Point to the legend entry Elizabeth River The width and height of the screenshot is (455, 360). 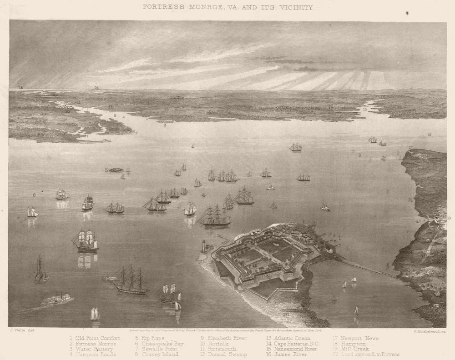[x=227, y=338]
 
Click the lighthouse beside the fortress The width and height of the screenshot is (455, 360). [x=204, y=246]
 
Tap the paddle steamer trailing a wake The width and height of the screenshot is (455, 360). [x=56, y=299]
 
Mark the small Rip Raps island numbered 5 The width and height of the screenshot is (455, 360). [x=116, y=170]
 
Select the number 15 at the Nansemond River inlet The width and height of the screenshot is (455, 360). [x=365, y=110]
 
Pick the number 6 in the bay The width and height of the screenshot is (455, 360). [x=34, y=195]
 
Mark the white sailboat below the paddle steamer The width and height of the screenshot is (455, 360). [x=95, y=314]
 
